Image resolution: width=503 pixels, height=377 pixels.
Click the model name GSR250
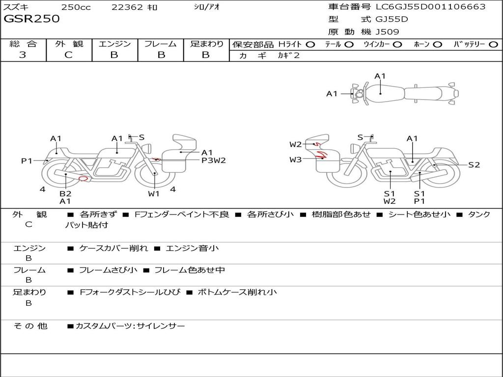31,19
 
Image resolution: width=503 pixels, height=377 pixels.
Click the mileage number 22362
127,7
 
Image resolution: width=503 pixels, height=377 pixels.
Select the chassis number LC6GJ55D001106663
431,7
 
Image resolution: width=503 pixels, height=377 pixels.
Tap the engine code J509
387,32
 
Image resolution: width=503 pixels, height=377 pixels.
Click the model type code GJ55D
391,20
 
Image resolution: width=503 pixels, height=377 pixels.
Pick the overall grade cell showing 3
23,55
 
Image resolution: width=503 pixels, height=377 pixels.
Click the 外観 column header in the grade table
69,44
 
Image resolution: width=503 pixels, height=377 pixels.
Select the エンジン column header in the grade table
114,44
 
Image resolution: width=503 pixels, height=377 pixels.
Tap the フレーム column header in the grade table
160,44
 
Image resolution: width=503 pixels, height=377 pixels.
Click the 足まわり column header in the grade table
207,44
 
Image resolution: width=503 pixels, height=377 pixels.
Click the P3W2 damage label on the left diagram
214,160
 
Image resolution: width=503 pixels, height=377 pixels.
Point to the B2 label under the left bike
65,193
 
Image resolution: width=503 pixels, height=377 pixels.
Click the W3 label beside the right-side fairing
295,160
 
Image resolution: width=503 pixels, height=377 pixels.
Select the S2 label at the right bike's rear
474,165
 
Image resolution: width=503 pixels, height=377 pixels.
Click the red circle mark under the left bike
84,179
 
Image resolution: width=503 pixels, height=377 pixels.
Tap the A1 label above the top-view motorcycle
380,76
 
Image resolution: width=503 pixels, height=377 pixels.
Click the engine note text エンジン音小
193,248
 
